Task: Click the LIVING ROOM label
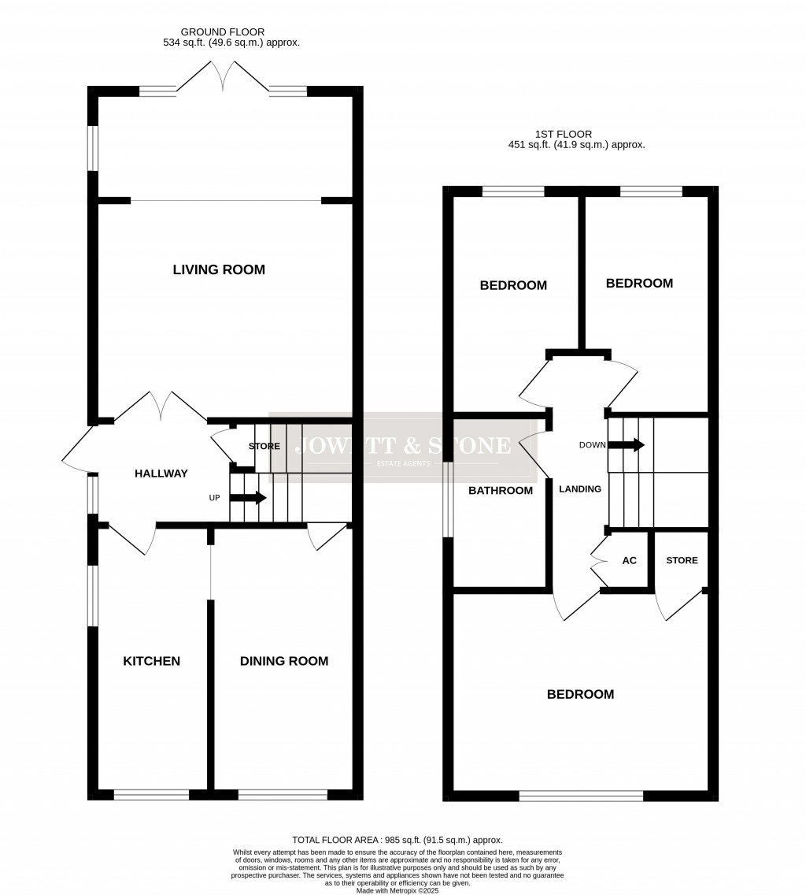219,270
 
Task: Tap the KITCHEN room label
151,661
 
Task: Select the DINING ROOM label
284,661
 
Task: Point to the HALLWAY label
161,473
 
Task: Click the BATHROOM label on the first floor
501,491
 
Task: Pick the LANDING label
580,489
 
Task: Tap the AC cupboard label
629,560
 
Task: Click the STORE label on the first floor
682,560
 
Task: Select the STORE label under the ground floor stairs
264,447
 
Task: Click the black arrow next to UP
248,498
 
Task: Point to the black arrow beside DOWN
627,445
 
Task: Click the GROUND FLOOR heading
223,32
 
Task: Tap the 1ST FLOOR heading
563,134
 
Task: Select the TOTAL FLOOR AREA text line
397,840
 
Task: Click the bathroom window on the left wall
448,499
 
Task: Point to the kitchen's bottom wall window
151,795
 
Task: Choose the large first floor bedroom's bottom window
581,796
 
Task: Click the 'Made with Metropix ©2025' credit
397,890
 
